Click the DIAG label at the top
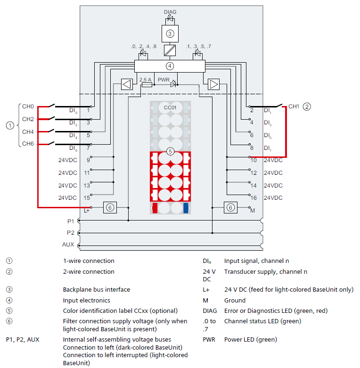[170, 11]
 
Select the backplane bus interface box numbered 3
[170, 33]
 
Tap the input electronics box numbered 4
[170, 66]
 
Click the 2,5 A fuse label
[146, 80]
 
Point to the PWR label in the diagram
[164, 80]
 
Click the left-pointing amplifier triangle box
[127, 84]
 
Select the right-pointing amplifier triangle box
[214, 84]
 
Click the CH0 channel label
[28, 106]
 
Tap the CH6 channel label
[28, 144]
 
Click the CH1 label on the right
[294, 106]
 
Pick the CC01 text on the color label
[170, 107]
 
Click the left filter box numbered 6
[110, 207]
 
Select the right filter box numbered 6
[230, 207]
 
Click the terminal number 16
[254, 198]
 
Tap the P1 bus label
[71, 221]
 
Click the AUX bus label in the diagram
[68, 245]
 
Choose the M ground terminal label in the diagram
[253, 210]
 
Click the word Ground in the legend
[235, 301]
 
